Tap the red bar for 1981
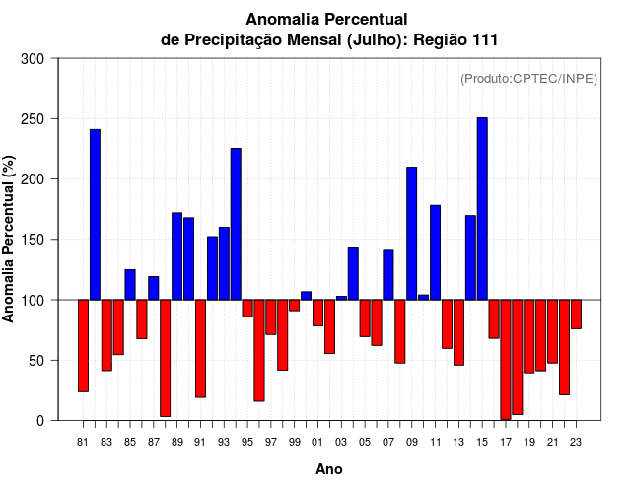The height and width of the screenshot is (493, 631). pyautogui.click(x=83, y=345)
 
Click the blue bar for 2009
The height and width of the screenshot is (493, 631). pyautogui.click(x=411, y=233)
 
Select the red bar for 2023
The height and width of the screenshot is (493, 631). pyautogui.click(x=576, y=314)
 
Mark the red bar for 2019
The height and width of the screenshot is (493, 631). pyautogui.click(x=528, y=335)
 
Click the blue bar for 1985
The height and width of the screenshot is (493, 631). pyautogui.click(x=130, y=284)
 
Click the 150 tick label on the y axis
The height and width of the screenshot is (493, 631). pyautogui.click(x=33, y=240)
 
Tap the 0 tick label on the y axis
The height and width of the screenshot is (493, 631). pyautogui.click(x=40, y=420)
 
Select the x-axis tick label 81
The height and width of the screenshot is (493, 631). pyautogui.click(x=83, y=442)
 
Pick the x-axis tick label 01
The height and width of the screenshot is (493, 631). pyautogui.click(x=317, y=442)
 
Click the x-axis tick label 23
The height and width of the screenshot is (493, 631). pyautogui.click(x=576, y=442)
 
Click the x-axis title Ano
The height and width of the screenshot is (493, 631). pyautogui.click(x=329, y=469)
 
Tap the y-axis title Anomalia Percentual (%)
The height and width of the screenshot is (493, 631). pyautogui.click(x=10, y=240)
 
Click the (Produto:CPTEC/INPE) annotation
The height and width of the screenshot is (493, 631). pyautogui.click(x=528, y=79)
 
